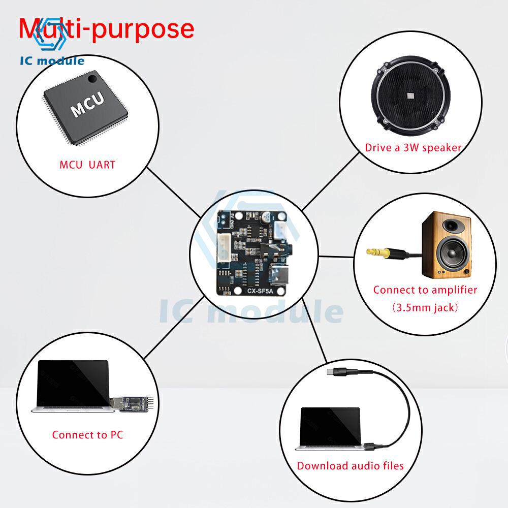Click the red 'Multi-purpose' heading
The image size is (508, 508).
coord(107,29)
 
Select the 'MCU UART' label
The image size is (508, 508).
coord(87,165)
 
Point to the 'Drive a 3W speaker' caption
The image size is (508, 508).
coord(413,148)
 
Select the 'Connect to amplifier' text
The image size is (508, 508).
coord(425,290)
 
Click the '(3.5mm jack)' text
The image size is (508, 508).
coord(425,307)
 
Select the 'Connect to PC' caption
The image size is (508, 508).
coord(87,435)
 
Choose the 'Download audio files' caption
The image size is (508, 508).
coord(351,466)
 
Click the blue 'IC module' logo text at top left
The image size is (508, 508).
coord(52,61)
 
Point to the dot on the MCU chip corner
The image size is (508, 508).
coord(91,80)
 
